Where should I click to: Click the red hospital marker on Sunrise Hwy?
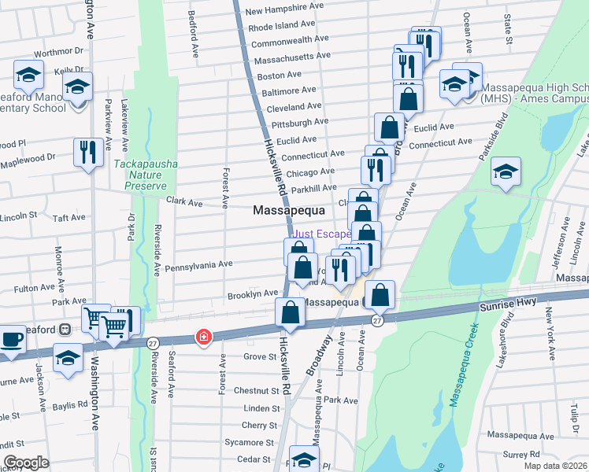204,337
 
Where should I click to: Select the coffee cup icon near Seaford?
11,339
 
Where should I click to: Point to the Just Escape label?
321,234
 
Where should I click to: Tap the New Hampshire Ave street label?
285,12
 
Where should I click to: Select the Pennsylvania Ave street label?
198,264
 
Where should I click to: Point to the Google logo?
26,463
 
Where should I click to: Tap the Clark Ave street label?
184,202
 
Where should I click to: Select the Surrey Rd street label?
521,454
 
